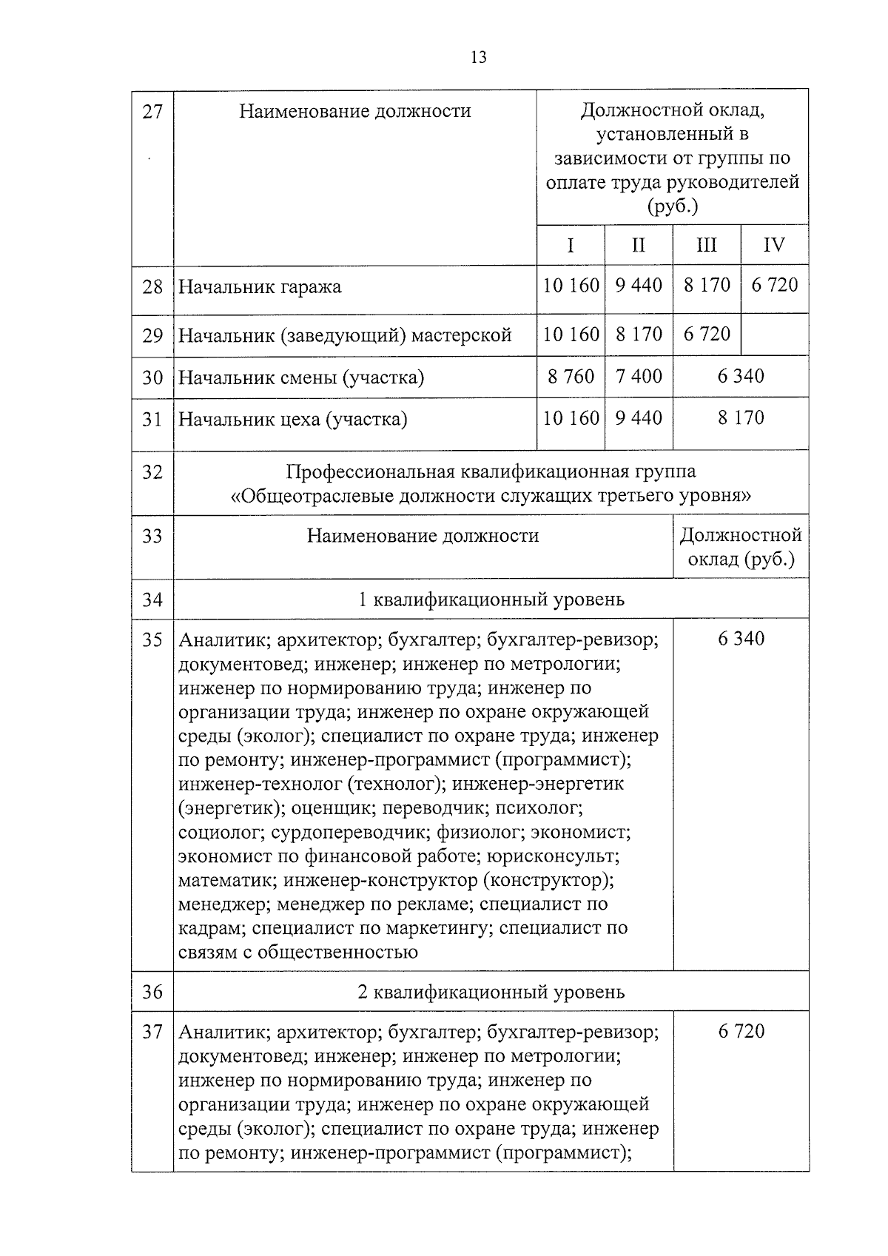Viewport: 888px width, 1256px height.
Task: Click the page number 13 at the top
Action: click(478, 57)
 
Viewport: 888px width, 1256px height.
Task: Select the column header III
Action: click(706, 245)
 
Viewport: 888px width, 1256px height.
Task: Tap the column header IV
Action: click(773, 245)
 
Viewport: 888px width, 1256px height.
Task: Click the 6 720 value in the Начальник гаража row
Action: click(774, 285)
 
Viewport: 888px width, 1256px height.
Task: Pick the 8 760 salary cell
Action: click(571, 377)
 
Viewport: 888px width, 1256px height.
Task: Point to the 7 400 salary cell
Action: click(638, 377)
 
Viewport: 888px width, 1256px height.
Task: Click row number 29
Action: click(152, 335)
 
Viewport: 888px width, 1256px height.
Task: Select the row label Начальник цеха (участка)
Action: click(293, 420)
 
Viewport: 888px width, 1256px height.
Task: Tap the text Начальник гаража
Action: click(260, 286)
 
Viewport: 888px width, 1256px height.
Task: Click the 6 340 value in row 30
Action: click(740, 377)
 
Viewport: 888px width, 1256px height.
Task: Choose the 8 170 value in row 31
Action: click(740, 418)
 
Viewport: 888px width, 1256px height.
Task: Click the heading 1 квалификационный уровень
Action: click(491, 599)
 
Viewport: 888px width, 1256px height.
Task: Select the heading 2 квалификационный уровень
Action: click(491, 991)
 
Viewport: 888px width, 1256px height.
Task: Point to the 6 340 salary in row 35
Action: click(740, 639)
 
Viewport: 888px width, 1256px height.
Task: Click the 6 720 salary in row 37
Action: click(740, 1031)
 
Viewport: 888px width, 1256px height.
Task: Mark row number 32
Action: click(152, 471)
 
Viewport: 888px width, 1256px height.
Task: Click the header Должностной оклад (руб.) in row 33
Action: click(740, 546)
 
